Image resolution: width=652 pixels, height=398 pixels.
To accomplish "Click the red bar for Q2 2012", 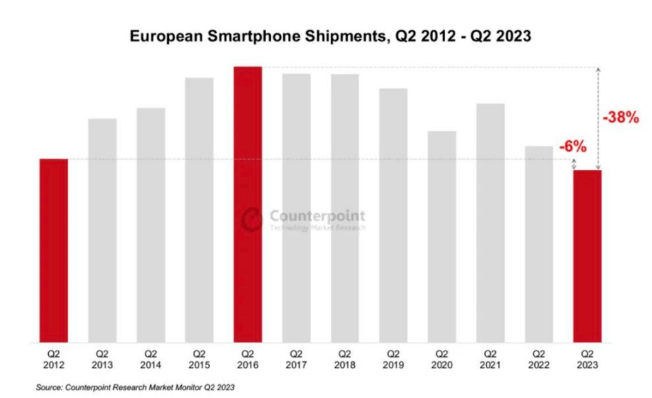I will [53, 251].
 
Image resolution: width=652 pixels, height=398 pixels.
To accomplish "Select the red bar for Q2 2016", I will [247, 205].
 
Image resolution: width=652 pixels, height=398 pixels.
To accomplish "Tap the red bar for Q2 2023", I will [587, 256].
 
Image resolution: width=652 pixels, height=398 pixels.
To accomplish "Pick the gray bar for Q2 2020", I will [442, 237].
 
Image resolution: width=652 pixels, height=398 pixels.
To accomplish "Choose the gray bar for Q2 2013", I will [102, 231].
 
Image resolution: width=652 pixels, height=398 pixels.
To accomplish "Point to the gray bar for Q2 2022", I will [539, 244].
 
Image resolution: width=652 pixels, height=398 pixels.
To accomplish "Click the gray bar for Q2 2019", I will [393, 215].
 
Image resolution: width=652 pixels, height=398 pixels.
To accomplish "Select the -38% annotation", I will [623, 118].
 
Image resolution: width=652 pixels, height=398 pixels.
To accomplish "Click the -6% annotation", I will [573, 147].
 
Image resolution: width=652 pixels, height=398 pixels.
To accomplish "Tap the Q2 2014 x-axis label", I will [151, 359].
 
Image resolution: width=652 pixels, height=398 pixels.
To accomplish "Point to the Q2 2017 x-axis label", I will [296, 359].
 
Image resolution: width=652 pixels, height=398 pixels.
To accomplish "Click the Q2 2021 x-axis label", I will [490, 359].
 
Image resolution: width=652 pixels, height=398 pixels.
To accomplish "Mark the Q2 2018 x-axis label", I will [345, 359].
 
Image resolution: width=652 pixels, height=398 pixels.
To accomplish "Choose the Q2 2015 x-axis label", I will [199, 359].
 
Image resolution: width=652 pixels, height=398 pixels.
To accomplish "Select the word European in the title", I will [159, 36].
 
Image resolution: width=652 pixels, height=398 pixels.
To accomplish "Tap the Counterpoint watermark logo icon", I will [252, 218].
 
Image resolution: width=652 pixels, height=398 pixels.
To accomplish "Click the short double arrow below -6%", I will [574, 164].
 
